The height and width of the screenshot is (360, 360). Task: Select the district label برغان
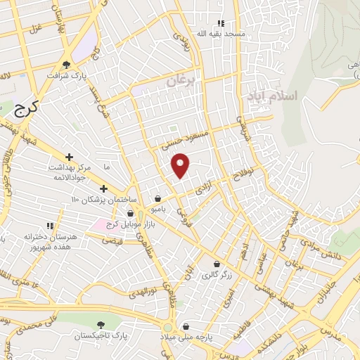[180, 82]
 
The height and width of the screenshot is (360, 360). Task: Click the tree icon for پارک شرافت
[67, 63]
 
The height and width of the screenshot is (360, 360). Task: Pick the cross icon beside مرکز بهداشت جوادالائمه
[69, 157]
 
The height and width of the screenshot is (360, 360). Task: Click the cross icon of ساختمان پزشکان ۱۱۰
[103, 188]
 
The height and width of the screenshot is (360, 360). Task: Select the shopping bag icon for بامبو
[160, 199]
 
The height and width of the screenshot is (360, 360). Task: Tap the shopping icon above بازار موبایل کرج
[130, 214]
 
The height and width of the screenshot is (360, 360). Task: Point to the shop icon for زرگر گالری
[217, 264]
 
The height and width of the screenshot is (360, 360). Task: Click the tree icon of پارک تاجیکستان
[103, 324]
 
